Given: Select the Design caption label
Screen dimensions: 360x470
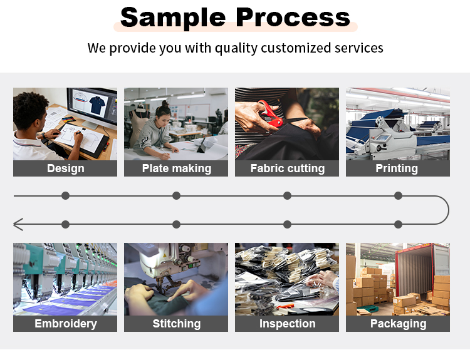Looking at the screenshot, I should tap(65, 168).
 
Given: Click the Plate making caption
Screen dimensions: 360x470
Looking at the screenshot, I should tap(176, 168).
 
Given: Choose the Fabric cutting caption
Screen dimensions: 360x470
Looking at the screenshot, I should tap(287, 168).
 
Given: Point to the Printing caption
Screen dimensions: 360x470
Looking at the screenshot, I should tap(397, 168).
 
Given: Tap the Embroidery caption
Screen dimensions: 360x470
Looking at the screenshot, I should tap(65, 324).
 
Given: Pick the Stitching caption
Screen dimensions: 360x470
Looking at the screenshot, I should tap(176, 324).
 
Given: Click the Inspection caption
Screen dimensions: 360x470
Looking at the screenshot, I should tap(287, 324).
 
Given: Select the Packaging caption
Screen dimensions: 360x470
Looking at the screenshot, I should tap(397, 324).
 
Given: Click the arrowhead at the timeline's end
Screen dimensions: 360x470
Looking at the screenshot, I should tap(18, 224).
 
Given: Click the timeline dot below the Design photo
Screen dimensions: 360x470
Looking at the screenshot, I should tap(65, 196).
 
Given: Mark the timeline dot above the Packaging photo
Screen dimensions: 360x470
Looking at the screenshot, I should tap(398, 224).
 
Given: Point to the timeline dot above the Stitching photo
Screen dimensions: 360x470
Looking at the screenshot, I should tap(176, 224).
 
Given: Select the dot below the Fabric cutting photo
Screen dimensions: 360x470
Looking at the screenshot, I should tap(287, 196).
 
